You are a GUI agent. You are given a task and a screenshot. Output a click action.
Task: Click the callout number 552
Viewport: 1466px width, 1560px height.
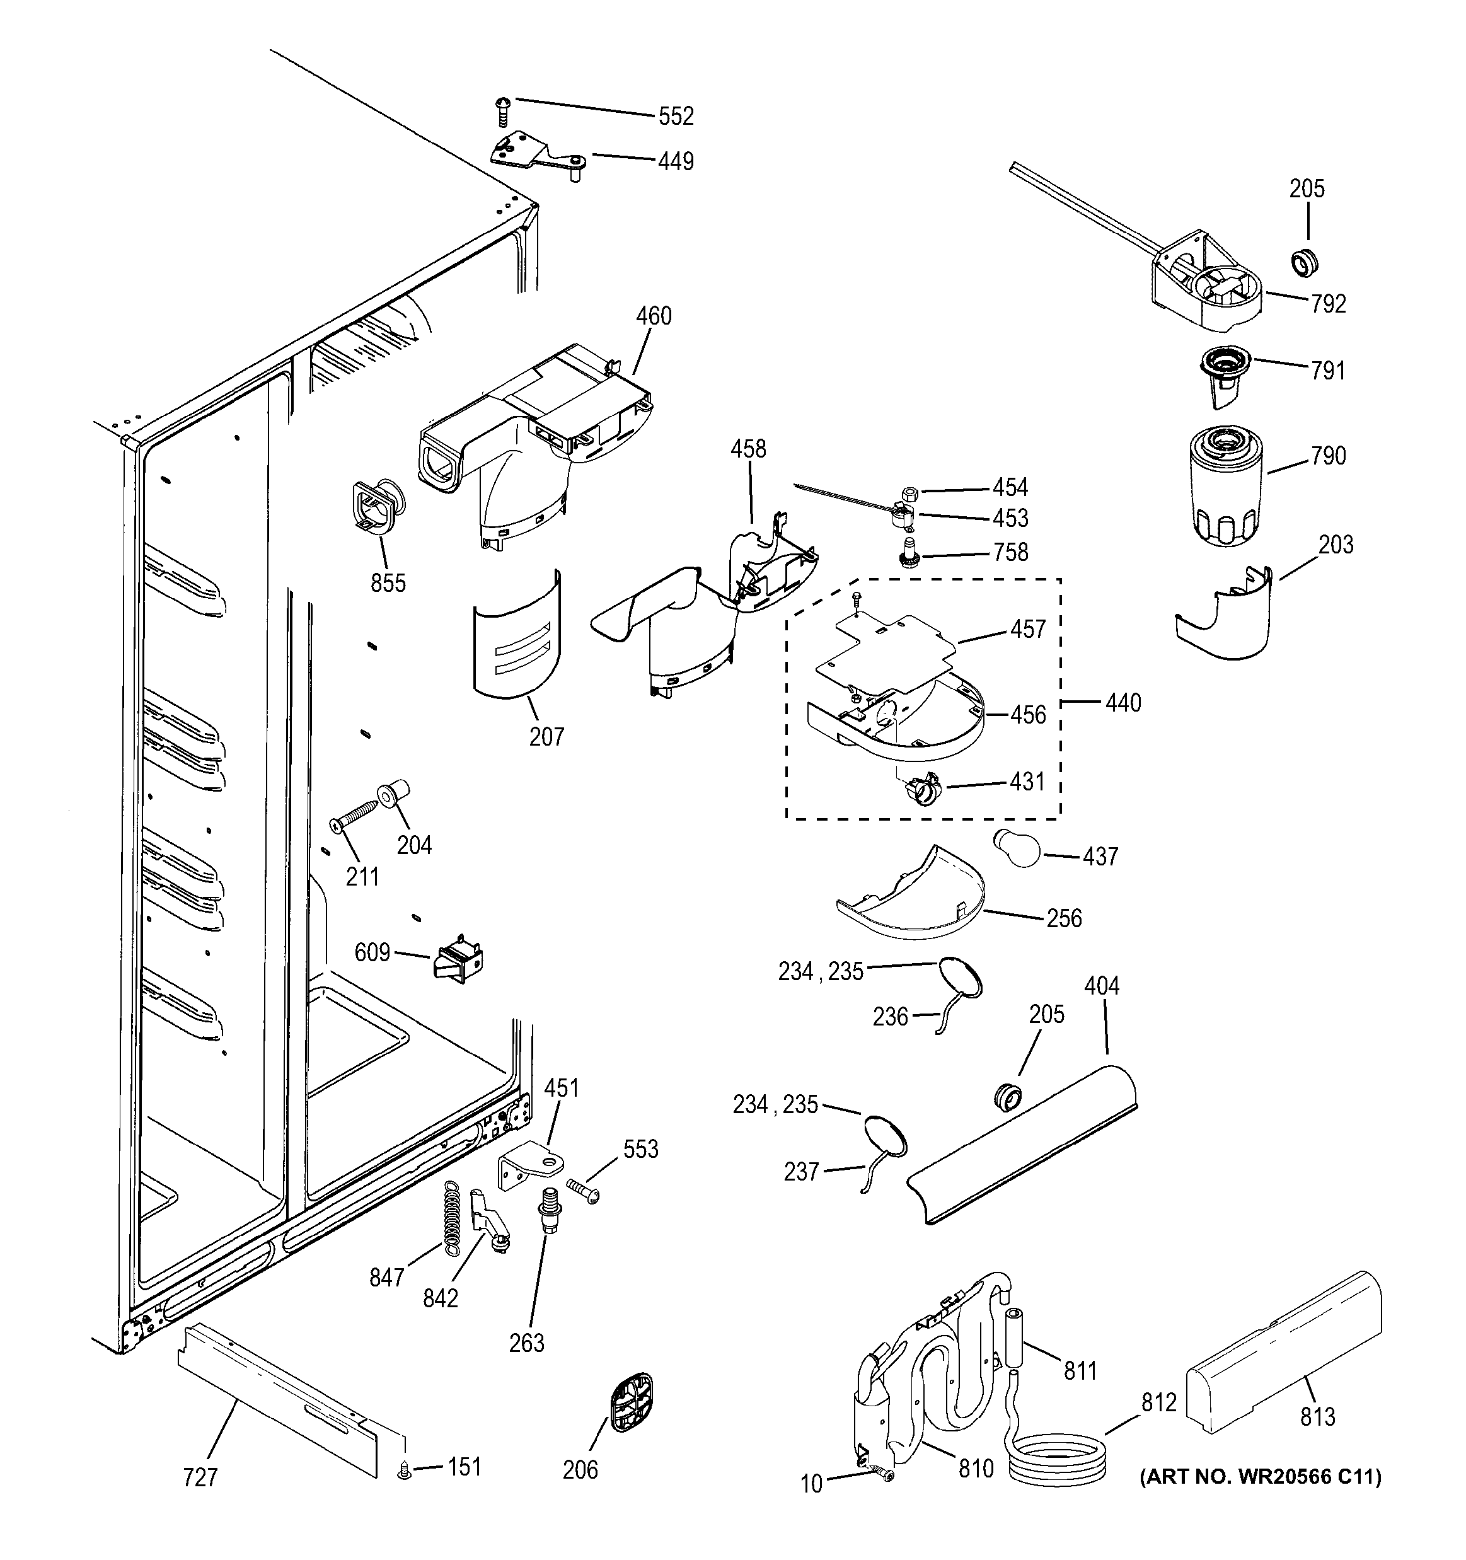(x=675, y=116)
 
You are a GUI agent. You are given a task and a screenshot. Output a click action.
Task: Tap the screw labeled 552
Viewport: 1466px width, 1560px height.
(x=502, y=112)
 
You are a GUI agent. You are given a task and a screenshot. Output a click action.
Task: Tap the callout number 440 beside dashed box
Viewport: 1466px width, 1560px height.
(x=1123, y=702)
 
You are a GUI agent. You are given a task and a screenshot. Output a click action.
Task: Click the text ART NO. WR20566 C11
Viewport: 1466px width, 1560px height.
(x=1260, y=1477)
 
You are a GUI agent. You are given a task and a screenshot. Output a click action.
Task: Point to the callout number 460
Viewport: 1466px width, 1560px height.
(x=653, y=316)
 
